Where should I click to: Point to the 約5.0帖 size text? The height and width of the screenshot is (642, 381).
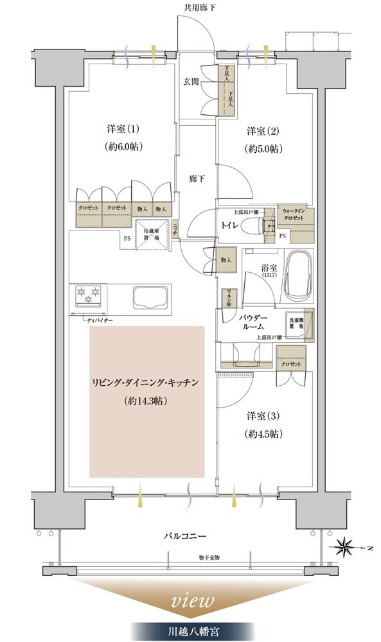(264, 149)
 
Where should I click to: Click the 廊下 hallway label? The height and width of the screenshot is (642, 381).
(197, 178)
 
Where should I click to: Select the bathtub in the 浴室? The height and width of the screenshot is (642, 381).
(297, 275)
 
